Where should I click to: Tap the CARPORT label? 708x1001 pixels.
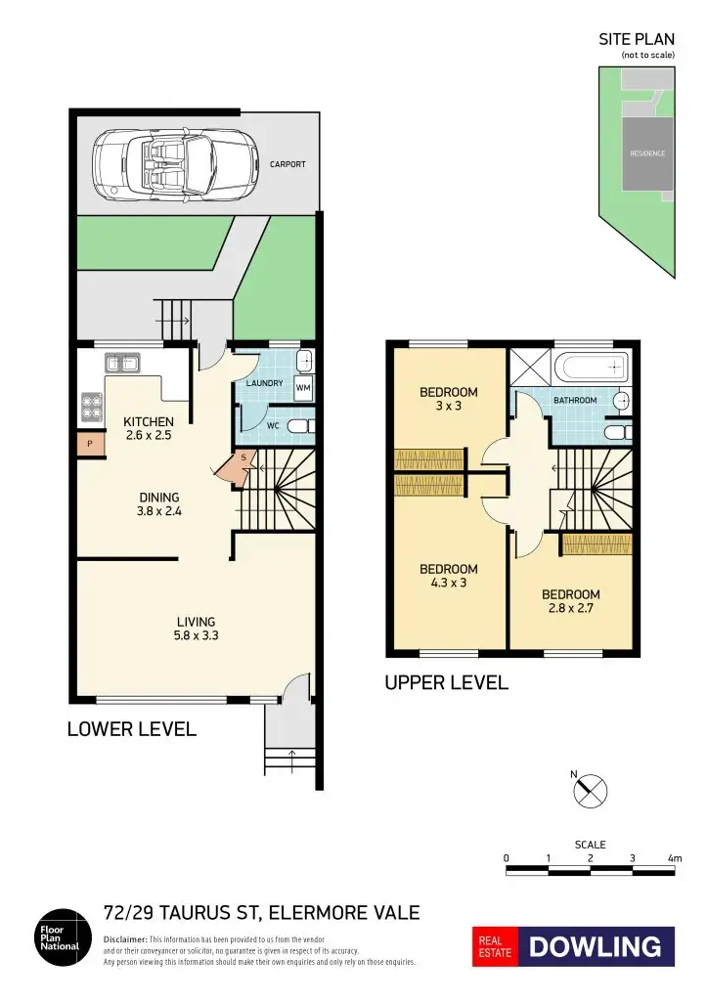[x=288, y=164]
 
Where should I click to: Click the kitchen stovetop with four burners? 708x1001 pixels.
[x=92, y=406]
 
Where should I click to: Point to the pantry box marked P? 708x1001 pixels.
[x=90, y=444]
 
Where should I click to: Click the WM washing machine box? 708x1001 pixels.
[x=303, y=387]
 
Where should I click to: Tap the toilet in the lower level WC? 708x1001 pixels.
[x=301, y=426]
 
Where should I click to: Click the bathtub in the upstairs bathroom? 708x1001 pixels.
[x=589, y=369]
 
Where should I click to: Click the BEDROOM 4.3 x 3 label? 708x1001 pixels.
[x=448, y=576]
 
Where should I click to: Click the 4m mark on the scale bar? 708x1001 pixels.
[x=674, y=858]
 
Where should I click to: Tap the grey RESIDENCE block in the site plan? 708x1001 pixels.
[x=646, y=153]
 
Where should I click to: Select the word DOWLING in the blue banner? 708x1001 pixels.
[x=596, y=946]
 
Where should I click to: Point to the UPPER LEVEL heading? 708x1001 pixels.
[x=447, y=683]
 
